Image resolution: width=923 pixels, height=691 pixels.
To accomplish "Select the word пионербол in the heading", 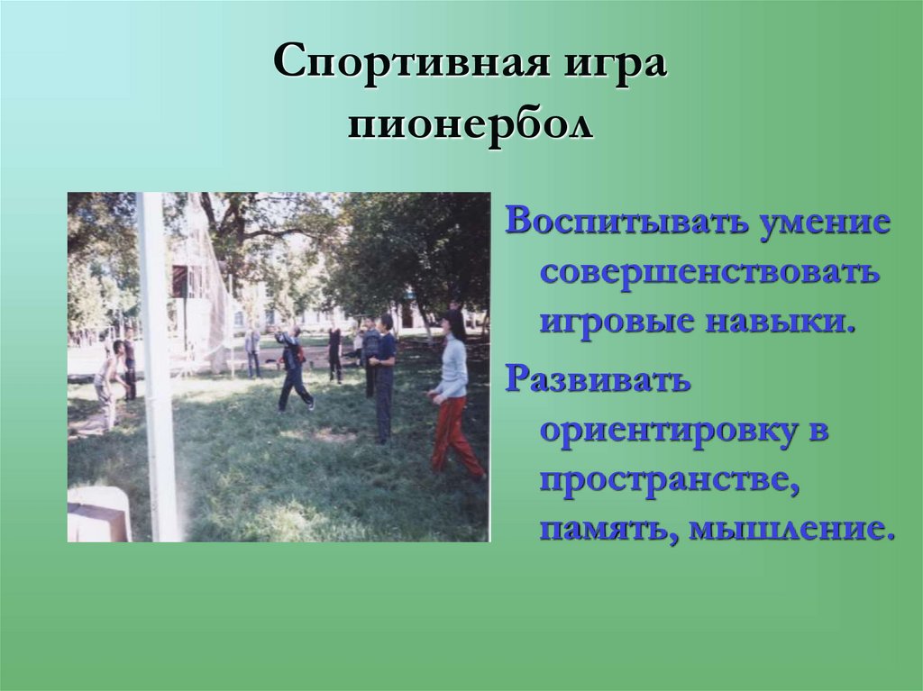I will (471, 123).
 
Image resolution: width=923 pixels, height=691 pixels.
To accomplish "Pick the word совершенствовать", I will (708, 273).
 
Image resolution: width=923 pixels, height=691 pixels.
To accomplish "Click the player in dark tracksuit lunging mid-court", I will (293, 369).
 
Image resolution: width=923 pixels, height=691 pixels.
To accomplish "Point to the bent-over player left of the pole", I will (107, 383).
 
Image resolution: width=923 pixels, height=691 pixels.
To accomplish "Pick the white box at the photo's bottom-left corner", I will (98, 514).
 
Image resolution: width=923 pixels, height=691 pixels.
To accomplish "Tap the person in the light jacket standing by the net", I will (252, 350).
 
